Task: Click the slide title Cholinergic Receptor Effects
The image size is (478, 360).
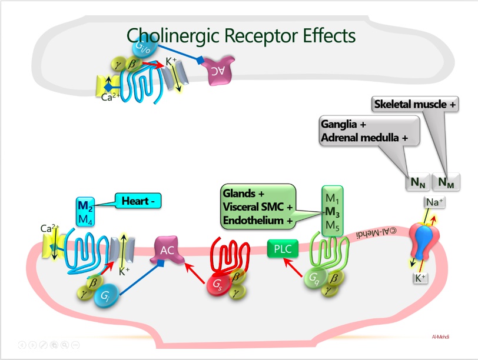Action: point(241,35)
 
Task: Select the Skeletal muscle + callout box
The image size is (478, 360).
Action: point(415,104)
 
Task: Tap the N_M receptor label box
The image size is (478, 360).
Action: point(446,182)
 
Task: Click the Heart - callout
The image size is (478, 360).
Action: point(138,201)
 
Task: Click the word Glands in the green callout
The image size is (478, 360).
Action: point(239,194)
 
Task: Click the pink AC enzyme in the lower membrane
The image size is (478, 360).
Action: point(168,250)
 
